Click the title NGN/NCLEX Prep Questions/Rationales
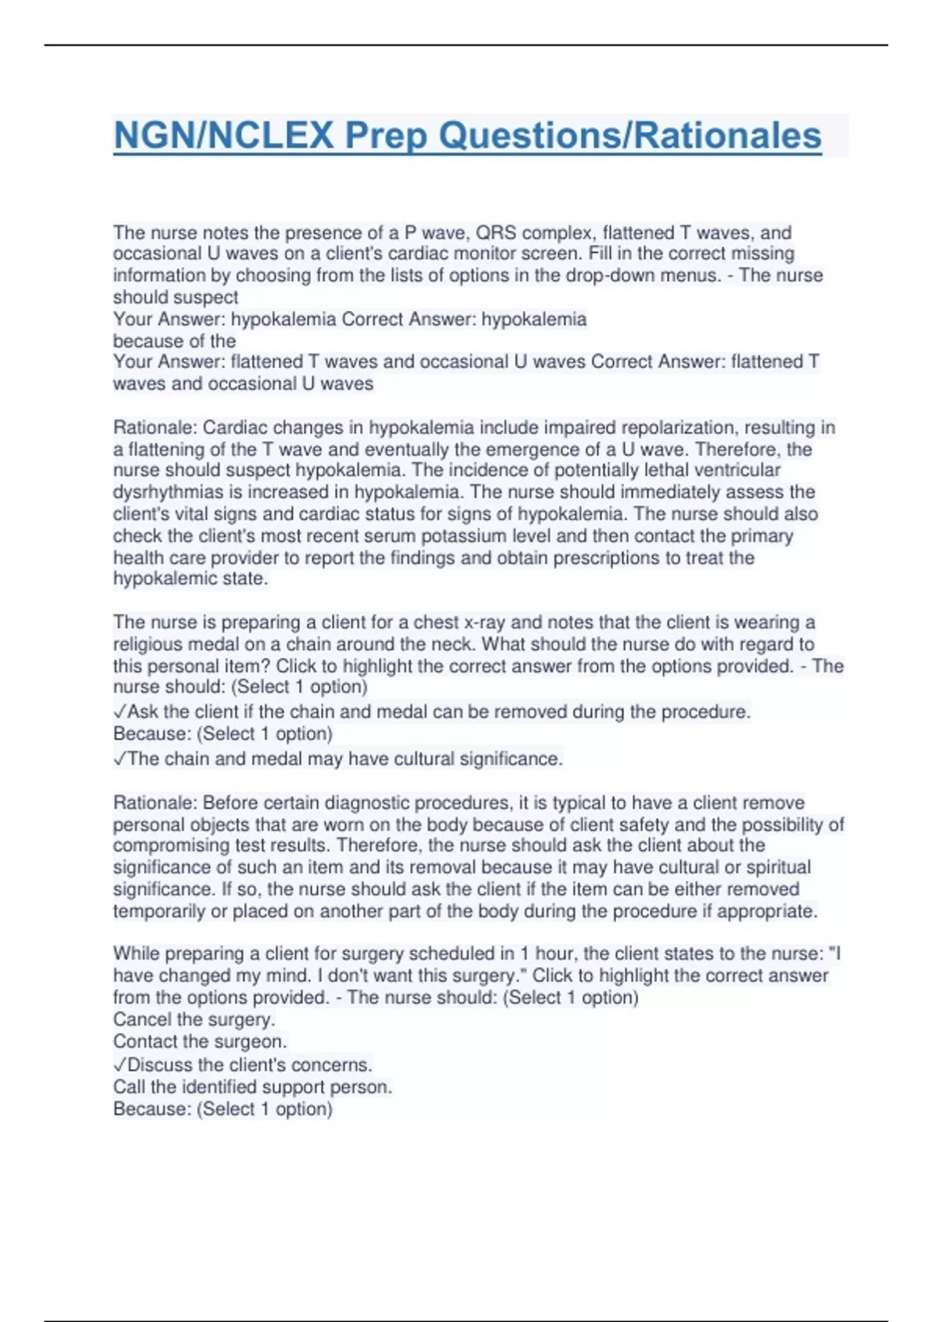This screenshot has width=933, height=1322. tap(467, 135)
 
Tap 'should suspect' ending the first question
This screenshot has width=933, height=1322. tap(176, 297)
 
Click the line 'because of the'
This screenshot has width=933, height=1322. tap(174, 341)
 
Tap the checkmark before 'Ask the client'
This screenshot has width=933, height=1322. tap(120, 712)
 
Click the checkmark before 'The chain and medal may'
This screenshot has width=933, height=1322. tap(120, 759)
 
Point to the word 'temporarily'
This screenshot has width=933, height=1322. tap(159, 911)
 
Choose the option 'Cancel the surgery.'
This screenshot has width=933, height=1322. tap(194, 1019)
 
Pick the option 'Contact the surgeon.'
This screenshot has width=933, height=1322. tap(200, 1041)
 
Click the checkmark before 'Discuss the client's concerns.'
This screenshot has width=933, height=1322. tap(120, 1065)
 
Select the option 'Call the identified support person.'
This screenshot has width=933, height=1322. tap(253, 1086)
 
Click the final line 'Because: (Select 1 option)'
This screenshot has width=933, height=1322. tap(223, 1109)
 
